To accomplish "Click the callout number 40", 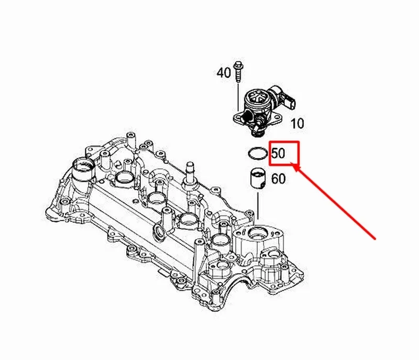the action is (x=224, y=72).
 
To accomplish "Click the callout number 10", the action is (x=297, y=124).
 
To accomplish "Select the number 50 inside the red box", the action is (x=279, y=154).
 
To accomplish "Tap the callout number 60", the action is (x=279, y=179).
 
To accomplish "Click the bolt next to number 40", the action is (x=238, y=70).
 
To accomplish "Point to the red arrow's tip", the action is (x=294, y=165).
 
